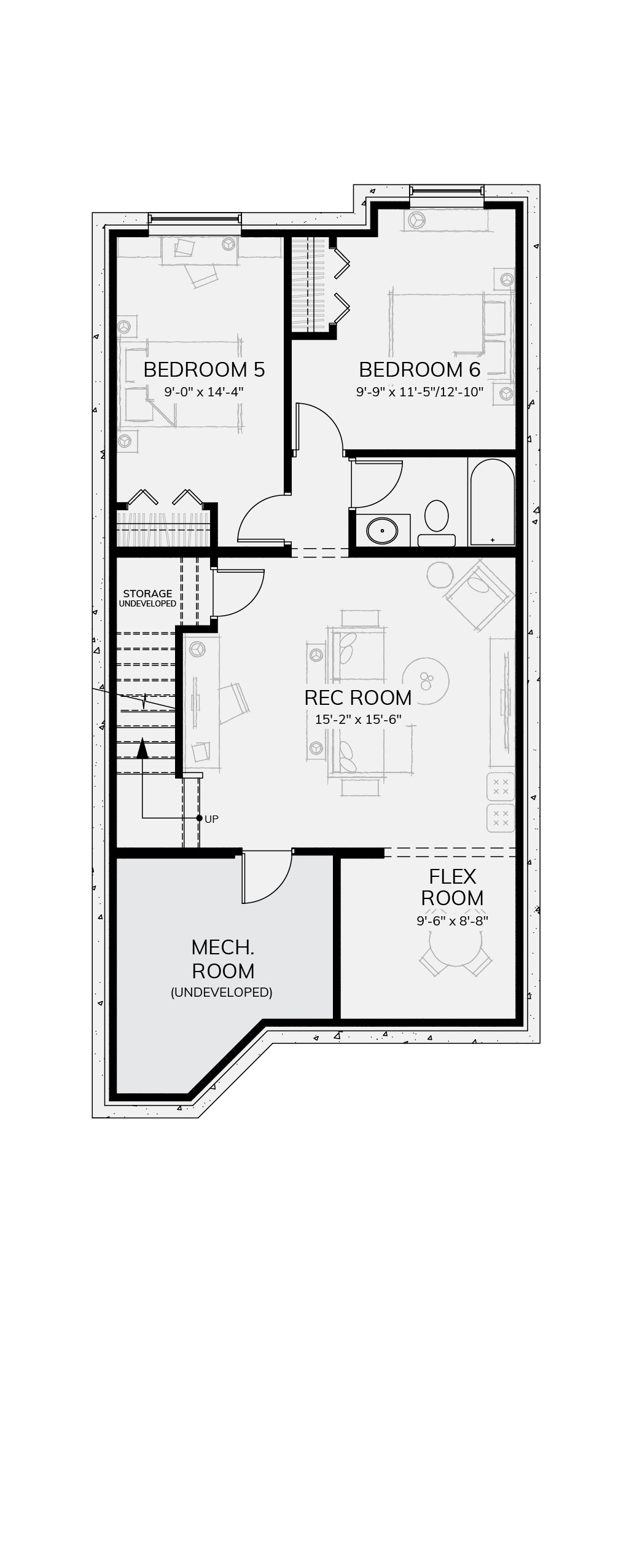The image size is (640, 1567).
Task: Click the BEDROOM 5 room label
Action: [204, 369]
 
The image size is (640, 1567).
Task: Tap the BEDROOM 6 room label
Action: [420, 369]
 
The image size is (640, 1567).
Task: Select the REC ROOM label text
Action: [358, 697]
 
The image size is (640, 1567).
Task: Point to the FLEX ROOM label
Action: [453, 887]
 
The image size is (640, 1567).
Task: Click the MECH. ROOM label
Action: [223, 959]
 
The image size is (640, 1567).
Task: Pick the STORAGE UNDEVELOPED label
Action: [147, 598]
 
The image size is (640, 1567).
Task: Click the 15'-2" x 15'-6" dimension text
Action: [358, 719]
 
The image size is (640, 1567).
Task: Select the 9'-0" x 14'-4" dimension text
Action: [204, 391]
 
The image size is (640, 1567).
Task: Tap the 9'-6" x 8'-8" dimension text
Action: [452, 921]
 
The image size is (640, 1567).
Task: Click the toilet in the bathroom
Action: [437, 523]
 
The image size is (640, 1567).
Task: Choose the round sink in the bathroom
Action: [383, 530]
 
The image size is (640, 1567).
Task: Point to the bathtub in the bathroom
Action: [492, 501]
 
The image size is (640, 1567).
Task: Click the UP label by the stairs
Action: [211, 819]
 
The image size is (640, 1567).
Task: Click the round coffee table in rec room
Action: [426, 681]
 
